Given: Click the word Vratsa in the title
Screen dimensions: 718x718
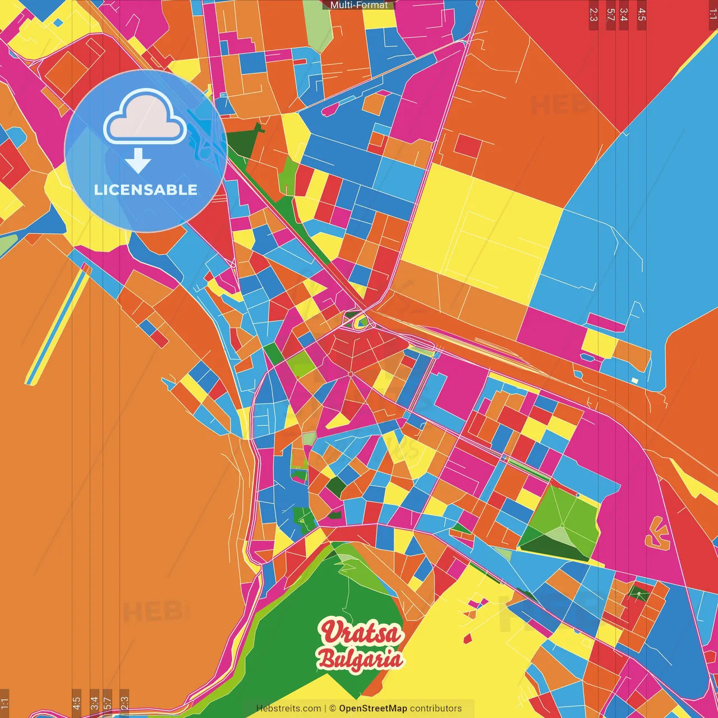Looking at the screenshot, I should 361,633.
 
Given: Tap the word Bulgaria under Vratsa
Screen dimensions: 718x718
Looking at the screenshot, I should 360,659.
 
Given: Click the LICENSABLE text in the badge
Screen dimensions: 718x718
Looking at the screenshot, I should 146,190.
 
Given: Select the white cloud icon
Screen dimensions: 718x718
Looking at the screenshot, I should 145,117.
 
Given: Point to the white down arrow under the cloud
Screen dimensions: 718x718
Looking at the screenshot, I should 138,161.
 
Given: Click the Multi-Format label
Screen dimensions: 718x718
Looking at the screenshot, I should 359,5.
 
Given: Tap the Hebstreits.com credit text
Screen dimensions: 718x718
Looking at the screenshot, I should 288,708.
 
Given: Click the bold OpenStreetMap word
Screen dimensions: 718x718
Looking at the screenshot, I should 372,708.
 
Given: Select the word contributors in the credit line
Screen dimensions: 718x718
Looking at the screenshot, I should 436,708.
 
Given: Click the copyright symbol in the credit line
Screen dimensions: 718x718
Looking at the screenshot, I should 332,708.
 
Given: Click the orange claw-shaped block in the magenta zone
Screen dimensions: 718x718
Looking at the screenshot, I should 657,535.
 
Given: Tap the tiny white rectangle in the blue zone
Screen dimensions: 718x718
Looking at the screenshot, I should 634,380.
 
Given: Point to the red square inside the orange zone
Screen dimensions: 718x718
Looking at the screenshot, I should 468,146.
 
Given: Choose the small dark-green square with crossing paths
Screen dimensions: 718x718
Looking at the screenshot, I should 638,592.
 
